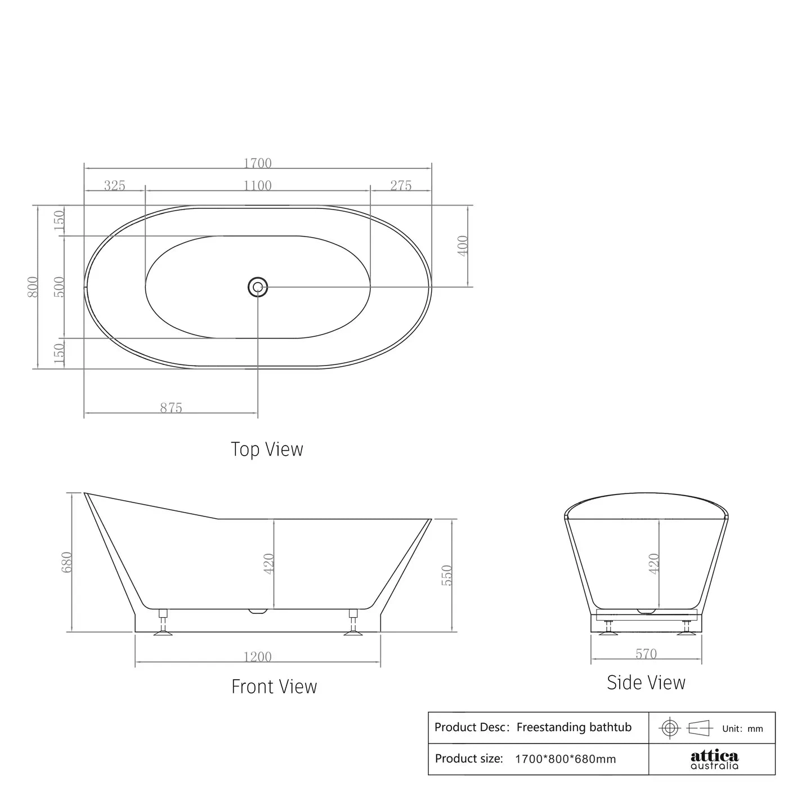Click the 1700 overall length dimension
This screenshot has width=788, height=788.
257,163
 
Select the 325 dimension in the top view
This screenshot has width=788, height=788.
114,185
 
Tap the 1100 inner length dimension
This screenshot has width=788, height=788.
257,185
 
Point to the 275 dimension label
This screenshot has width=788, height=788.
401,185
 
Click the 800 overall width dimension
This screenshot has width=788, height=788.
33,287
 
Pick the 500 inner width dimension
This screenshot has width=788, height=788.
59,287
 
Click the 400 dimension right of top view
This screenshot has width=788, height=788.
462,246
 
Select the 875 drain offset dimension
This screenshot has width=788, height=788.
171,408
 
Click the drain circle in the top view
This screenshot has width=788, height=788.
258,287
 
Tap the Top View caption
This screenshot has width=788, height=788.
267,449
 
